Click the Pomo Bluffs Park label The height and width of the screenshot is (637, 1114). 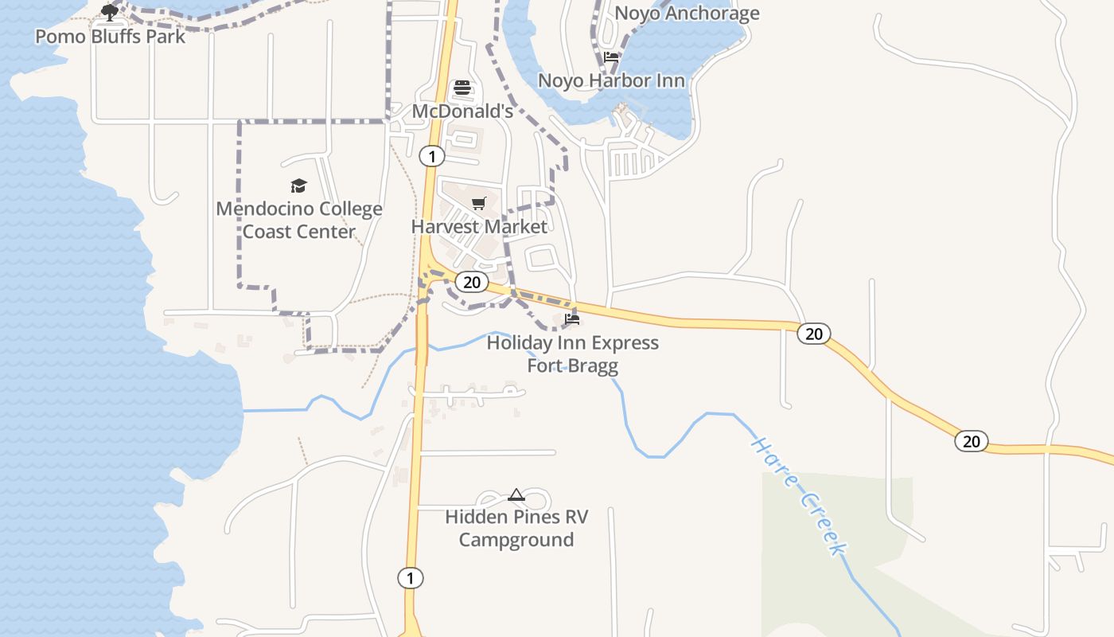point(110,37)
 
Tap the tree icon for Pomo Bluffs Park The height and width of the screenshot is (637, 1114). point(109,12)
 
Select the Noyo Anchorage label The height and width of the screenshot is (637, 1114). point(687,14)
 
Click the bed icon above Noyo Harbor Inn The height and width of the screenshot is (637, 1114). point(611,57)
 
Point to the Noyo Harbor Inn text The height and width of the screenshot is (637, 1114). point(611,80)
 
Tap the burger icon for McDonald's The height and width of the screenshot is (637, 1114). point(462,88)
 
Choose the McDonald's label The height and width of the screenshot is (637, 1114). point(462,111)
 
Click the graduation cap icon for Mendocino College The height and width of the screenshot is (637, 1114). point(298,186)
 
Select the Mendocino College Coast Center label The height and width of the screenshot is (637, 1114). point(299,221)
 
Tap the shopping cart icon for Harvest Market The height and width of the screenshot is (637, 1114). point(478,204)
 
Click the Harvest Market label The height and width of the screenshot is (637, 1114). point(479,227)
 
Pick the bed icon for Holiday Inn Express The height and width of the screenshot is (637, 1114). point(571,319)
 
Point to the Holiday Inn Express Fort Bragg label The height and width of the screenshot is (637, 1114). point(573,354)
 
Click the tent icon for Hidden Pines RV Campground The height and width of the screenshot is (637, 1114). point(516,494)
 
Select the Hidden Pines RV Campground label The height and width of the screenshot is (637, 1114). point(516,529)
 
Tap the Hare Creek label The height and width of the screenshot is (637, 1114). point(799,495)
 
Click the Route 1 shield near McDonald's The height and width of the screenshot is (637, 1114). point(431,156)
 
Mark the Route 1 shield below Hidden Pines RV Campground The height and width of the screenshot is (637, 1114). point(410,578)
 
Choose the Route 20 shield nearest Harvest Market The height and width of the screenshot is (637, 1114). point(473,282)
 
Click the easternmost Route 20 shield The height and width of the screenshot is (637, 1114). point(972,441)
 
